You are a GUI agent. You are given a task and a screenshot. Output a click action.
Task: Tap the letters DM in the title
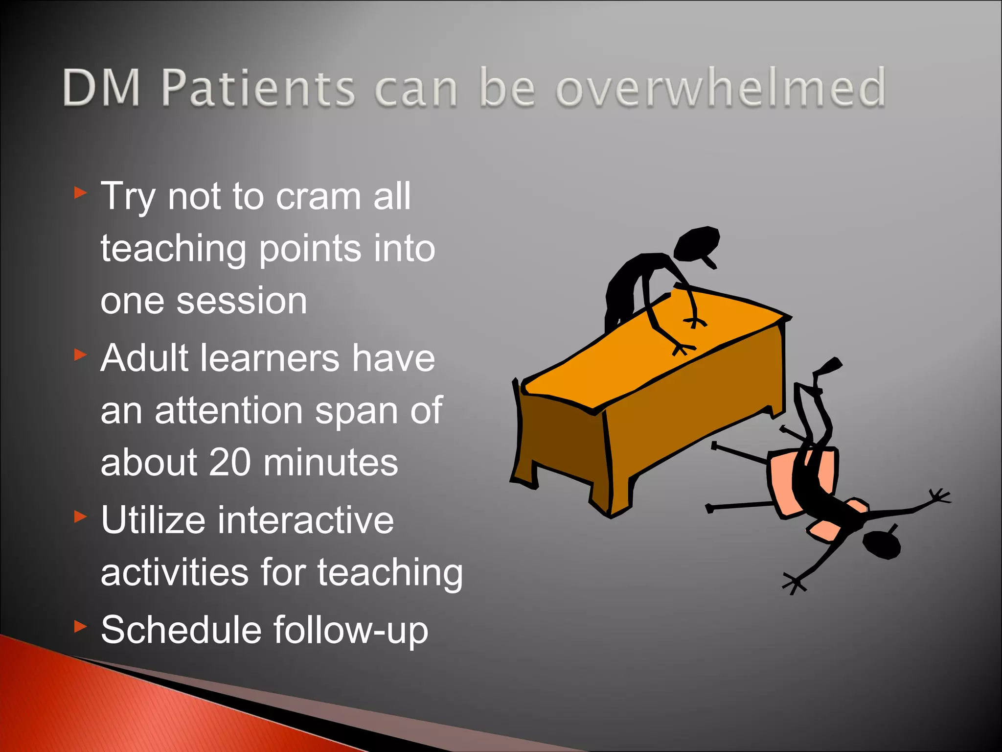pyautogui.click(x=102, y=88)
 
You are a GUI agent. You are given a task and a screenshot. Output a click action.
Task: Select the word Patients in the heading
pyautogui.click(x=258, y=88)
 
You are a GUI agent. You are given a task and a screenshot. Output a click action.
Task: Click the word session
pyautogui.click(x=242, y=301)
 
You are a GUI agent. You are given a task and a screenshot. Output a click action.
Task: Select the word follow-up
pyautogui.click(x=350, y=631)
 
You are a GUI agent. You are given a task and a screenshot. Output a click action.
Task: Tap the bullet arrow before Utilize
pyautogui.click(x=80, y=516)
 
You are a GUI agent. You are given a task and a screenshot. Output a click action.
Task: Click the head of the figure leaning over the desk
pyautogui.click(x=697, y=243)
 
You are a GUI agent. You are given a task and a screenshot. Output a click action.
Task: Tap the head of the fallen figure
pyautogui.click(x=881, y=544)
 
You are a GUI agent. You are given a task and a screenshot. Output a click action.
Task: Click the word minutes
pyautogui.click(x=331, y=462)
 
